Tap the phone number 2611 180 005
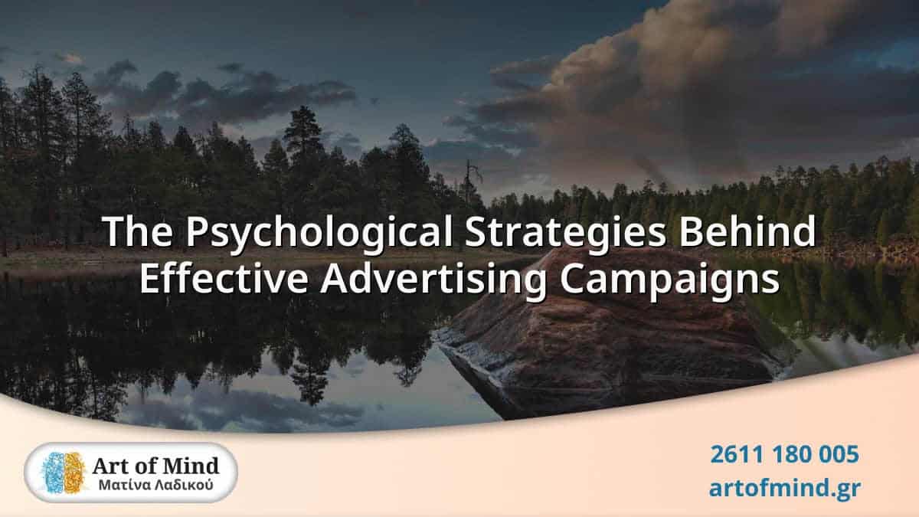pyautogui.click(x=784, y=454)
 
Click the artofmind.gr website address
pyautogui.click(x=784, y=488)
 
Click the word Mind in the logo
pyautogui.click(x=193, y=465)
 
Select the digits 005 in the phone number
pyautogui.click(x=837, y=454)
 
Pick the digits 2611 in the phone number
pyautogui.click(x=732, y=454)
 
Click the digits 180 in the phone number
pyautogui.click(x=785, y=454)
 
